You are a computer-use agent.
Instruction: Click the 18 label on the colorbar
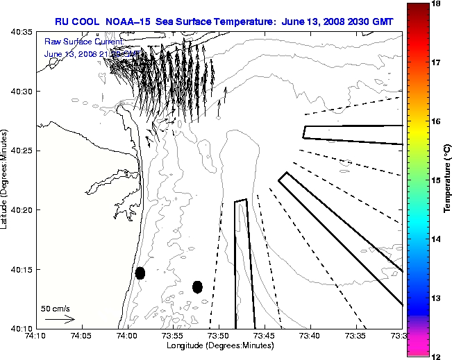[x=437, y=3]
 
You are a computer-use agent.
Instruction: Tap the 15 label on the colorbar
[x=437, y=180]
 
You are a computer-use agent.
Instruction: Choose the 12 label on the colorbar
[x=437, y=355]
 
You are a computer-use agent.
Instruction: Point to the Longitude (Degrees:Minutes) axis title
[x=219, y=345]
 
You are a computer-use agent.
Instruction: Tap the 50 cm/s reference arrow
[x=60, y=319]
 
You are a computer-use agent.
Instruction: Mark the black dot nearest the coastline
[x=140, y=273]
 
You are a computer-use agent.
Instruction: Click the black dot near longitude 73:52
[x=197, y=286]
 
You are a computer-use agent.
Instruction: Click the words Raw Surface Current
[x=83, y=42]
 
